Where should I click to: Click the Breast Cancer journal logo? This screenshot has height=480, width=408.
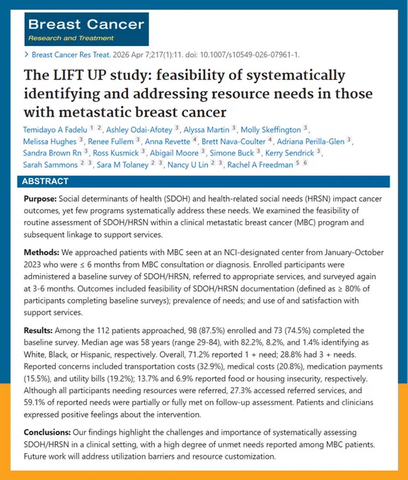pos(86,29)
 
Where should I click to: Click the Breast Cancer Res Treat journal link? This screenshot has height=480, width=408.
pos(71,55)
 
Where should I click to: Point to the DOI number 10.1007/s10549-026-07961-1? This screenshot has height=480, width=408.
pos(250,55)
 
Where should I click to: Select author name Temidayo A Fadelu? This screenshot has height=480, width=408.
pos(55,130)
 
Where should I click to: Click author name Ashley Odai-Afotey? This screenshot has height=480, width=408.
pos(139,130)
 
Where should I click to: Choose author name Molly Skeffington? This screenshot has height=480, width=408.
pos(271,130)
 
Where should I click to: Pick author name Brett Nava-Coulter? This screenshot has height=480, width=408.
pos(233,141)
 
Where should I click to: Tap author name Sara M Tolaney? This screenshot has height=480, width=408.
pos(122,164)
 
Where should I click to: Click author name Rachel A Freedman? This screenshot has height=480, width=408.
pos(260,164)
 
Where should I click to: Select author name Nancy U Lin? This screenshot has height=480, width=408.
pos(188,164)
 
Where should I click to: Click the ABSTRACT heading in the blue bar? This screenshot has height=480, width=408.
pos(45,181)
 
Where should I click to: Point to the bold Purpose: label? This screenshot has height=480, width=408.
pos(40,199)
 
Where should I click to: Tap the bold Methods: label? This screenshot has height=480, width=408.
pos(42,253)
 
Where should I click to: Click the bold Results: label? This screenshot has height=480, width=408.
pos(38,330)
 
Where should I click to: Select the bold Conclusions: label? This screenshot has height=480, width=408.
pos(47,433)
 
